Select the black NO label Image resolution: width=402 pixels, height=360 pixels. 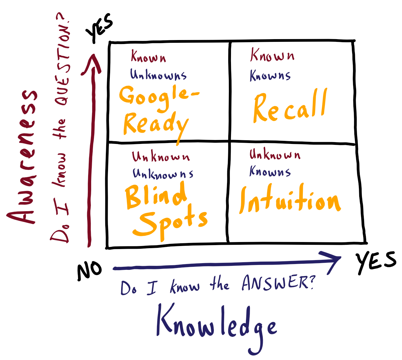(89, 270)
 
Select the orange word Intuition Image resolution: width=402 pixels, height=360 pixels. (289, 200)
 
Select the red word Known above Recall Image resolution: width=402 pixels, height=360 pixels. (272, 56)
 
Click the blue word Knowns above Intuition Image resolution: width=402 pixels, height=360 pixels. (270, 172)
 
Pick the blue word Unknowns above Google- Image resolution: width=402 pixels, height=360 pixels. (158, 75)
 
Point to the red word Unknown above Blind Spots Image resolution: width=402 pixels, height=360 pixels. (161, 157)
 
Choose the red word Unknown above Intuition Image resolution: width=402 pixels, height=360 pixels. (274, 155)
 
